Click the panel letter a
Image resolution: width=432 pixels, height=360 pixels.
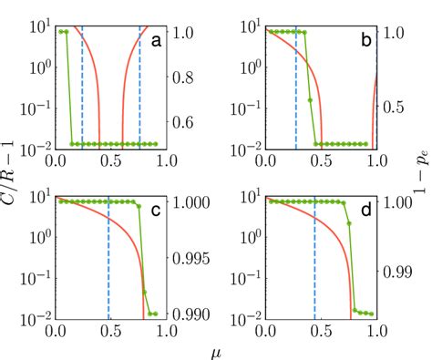(157, 40)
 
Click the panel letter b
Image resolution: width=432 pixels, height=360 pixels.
(366, 40)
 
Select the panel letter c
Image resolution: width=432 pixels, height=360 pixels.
(157, 214)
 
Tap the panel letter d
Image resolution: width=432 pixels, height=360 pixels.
(366, 214)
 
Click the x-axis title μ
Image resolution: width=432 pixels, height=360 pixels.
(217, 349)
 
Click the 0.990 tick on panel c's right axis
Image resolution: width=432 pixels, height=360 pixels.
(199, 314)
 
